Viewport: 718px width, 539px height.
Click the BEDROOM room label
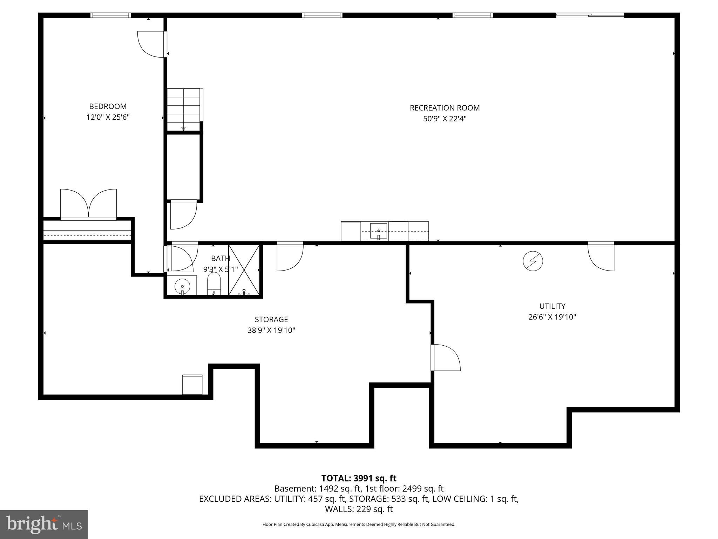coord(108,106)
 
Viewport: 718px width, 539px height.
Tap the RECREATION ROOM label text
coord(445,108)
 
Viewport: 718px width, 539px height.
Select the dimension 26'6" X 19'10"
coord(552,317)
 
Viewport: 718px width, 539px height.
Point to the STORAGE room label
coord(271,319)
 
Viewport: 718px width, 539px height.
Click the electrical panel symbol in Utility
coord(533,261)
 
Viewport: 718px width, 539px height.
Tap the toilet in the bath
coord(214,284)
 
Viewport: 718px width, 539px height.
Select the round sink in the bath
coord(182,286)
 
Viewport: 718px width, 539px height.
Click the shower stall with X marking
coord(244,269)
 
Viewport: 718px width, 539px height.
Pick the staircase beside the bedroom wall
coord(183,109)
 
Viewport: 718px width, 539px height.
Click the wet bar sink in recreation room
coord(379,231)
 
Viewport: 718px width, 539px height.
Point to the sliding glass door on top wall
coord(590,15)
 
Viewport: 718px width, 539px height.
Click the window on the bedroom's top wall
coord(110,15)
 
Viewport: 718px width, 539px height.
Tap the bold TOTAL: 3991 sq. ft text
coord(359,478)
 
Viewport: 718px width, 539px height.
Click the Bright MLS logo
coord(43,524)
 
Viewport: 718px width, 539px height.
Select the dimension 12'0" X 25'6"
coord(108,117)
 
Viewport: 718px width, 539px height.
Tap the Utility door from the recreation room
coord(601,256)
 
